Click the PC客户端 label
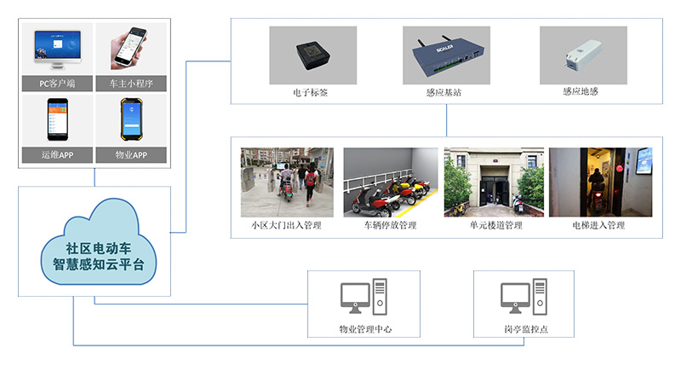coord(58,83)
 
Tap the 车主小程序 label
coord(131,83)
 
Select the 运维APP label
coord(58,155)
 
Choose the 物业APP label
coord(131,155)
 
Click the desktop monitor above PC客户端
coord(58,48)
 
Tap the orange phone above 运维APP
coord(57,120)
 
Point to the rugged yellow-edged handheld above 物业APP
coord(132,120)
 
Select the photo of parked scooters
coord(389,182)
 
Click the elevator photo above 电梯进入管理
coord(599,182)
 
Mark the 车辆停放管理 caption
coord(390,225)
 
